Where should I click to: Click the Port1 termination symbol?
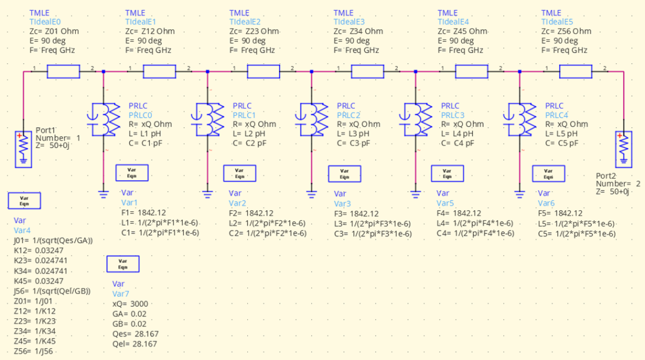point(23,150)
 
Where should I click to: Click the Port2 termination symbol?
point(623,150)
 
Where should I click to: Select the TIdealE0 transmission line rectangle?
point(63,72)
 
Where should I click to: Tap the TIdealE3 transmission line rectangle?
point(367,72)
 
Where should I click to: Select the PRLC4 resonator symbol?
point(520,118)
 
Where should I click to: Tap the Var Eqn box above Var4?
point(24,200)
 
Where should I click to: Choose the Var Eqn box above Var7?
point(122,264)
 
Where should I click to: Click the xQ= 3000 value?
point(130,304)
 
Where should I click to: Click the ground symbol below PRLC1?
point(207,193)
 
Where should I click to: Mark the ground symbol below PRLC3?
point(416,193)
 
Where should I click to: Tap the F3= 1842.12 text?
point(357,213)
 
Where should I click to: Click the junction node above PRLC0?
point(104,72)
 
